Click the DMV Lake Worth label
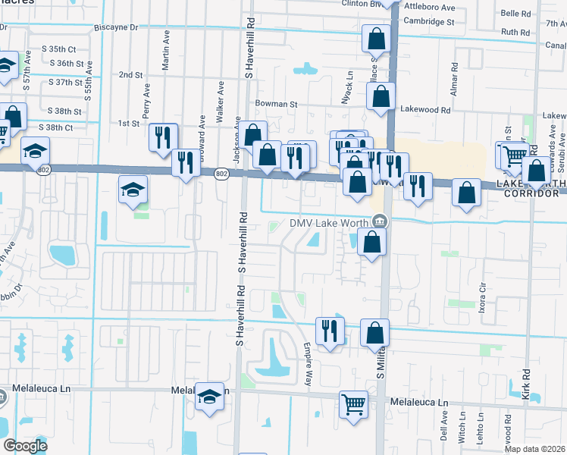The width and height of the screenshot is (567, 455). [329, 222]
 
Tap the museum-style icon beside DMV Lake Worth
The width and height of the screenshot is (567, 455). [379, 222]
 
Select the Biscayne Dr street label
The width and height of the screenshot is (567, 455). [117, 27]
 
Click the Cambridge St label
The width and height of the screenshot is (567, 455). [429, 22]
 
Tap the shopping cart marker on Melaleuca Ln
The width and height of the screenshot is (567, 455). [353, 402]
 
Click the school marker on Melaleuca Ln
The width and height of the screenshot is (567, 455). [209, 396]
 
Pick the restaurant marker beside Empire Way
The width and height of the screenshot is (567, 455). [330, 329]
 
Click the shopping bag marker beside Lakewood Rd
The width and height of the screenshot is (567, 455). [381, 96]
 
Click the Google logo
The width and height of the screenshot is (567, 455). [25, 445]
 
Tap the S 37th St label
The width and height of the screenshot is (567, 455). [64, 82]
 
